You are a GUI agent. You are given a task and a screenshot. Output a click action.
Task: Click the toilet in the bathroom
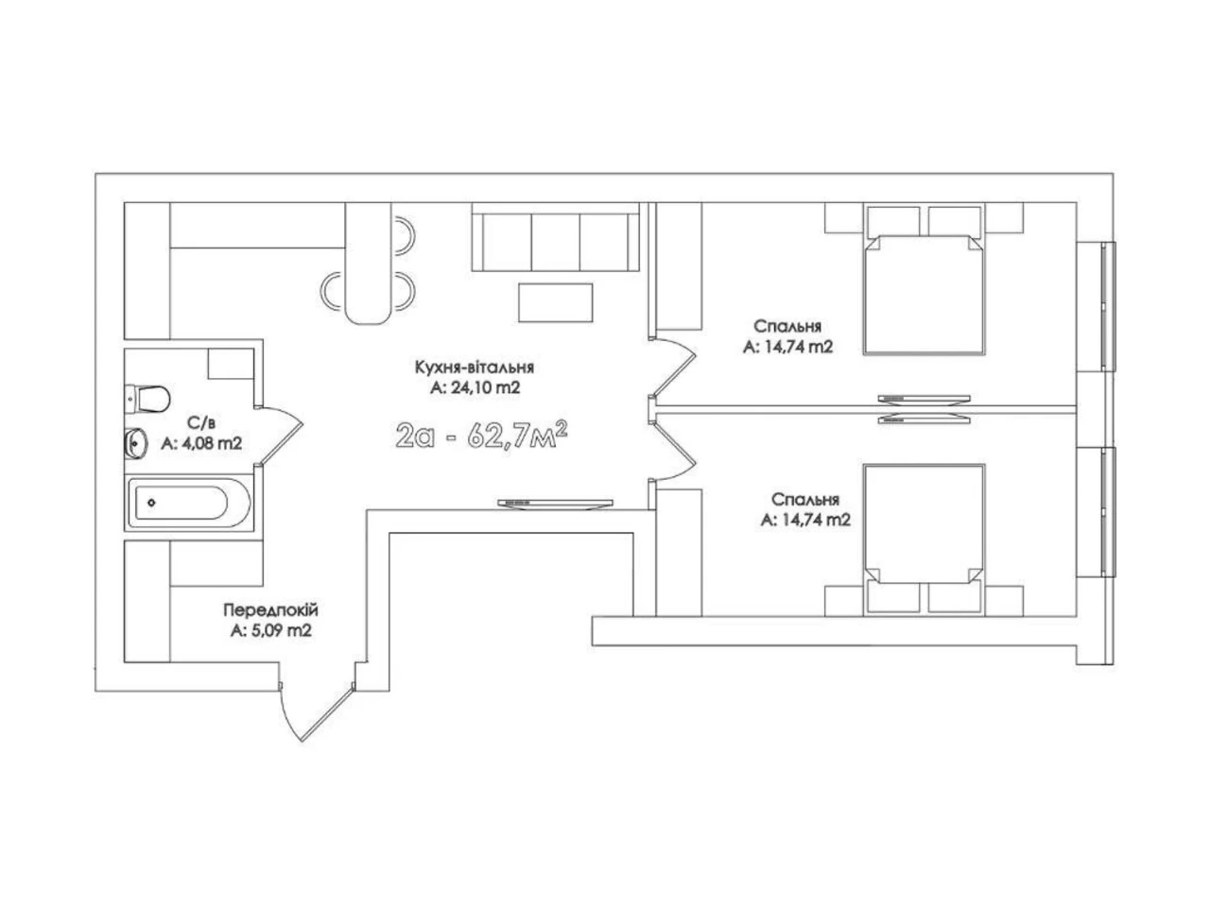coord(147,399)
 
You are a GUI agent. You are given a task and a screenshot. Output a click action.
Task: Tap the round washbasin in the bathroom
coord(135,443)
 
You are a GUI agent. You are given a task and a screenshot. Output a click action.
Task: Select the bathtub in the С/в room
coord(189,503)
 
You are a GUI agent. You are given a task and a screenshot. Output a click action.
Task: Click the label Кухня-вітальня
coord(475,367)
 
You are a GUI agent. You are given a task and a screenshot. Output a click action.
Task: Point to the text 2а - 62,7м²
coord(481,435)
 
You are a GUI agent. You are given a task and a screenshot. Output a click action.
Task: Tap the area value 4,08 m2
coord(210,443)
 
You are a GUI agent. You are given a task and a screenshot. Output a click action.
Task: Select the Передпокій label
coord(270,609)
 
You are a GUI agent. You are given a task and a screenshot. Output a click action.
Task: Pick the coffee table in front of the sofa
coord(555,302)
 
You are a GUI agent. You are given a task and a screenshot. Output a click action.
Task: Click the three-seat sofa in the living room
coord(555,237)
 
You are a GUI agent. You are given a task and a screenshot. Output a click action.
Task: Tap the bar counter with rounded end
coord(369,264)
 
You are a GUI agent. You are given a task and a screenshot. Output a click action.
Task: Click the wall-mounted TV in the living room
coord(555,505)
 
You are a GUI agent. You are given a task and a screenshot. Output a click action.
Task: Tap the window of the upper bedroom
coord(1107,306)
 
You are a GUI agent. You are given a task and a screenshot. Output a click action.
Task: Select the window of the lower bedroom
coord(1107,512)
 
